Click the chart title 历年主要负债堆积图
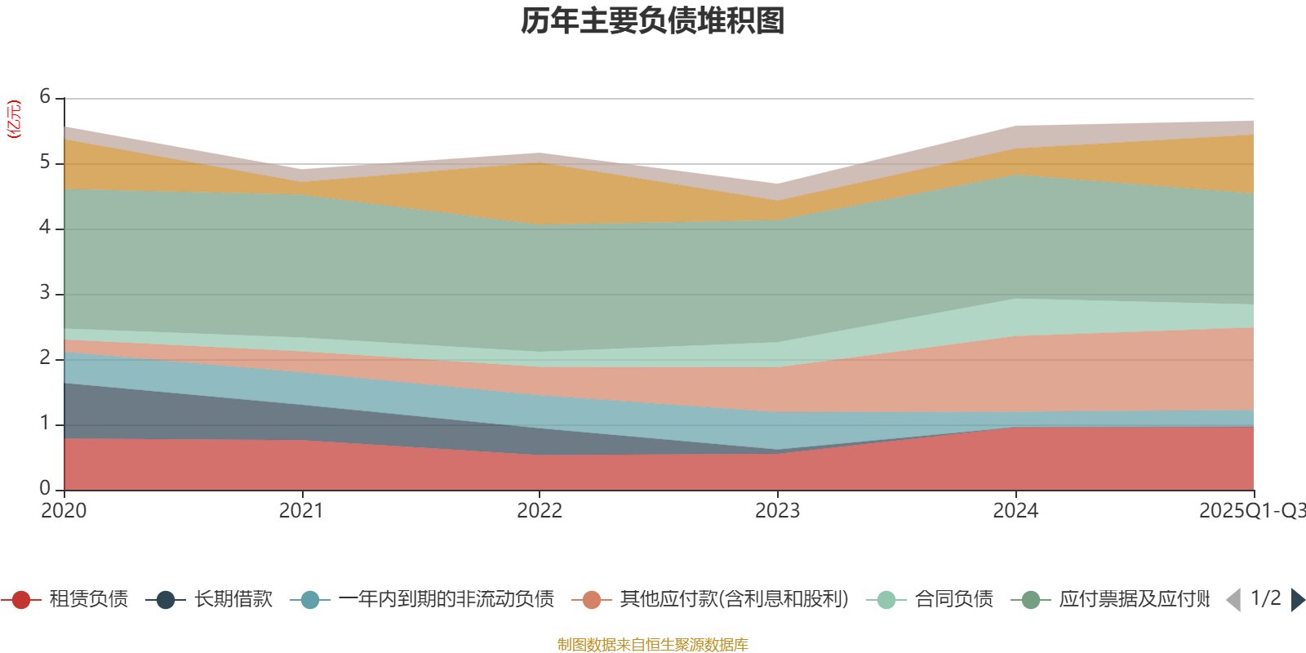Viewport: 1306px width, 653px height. [653, 21]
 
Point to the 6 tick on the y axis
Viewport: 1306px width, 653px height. [45, 96]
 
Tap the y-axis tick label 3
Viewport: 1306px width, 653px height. [45, 292]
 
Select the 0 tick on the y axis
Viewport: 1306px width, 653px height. [45, 488]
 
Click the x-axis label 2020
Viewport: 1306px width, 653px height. [64, 511]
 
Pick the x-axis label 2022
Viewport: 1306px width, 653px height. [540, 511]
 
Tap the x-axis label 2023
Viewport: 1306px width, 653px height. [777, 511]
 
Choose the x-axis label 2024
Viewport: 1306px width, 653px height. [1015, 511]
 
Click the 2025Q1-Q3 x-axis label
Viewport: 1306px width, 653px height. [1251, 511]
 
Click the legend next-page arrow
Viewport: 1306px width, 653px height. [1298, 600]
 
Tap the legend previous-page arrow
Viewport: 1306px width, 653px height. [1233, 600]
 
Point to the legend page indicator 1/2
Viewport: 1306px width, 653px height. [1265, 598]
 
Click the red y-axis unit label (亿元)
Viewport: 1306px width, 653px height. [14, 119]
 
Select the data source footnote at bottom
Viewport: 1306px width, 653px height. [653, 645]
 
